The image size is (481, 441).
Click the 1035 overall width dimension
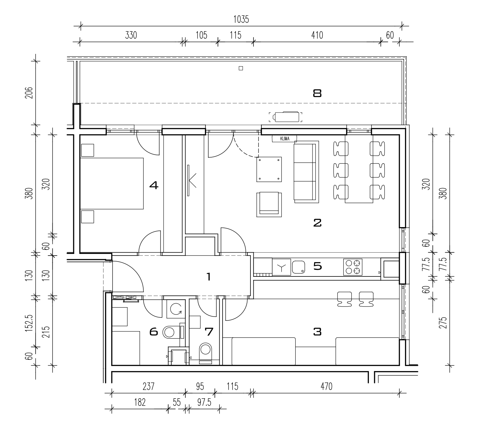[241, 20]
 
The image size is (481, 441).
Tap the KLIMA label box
[284, 139]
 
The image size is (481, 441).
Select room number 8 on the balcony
[317, 93]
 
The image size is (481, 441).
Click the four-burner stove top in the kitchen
[353, 267]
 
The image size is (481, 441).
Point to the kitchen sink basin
[299, 267]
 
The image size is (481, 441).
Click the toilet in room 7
[205, 353]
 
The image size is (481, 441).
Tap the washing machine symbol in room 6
[176, 309]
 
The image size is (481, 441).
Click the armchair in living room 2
[269, 205]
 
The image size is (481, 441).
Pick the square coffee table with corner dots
[269, 169]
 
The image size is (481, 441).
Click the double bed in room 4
[112, 183]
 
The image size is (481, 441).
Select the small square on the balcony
[241, 68]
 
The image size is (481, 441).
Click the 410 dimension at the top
[317, 35]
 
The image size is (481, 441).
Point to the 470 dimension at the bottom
[326, 386]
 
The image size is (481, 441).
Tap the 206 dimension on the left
[29, 93]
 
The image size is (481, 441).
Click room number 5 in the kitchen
[317, 266]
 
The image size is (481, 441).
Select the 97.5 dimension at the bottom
[204, 403]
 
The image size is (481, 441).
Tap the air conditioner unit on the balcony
[285, 117]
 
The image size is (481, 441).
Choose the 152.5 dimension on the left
[29, 323]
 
